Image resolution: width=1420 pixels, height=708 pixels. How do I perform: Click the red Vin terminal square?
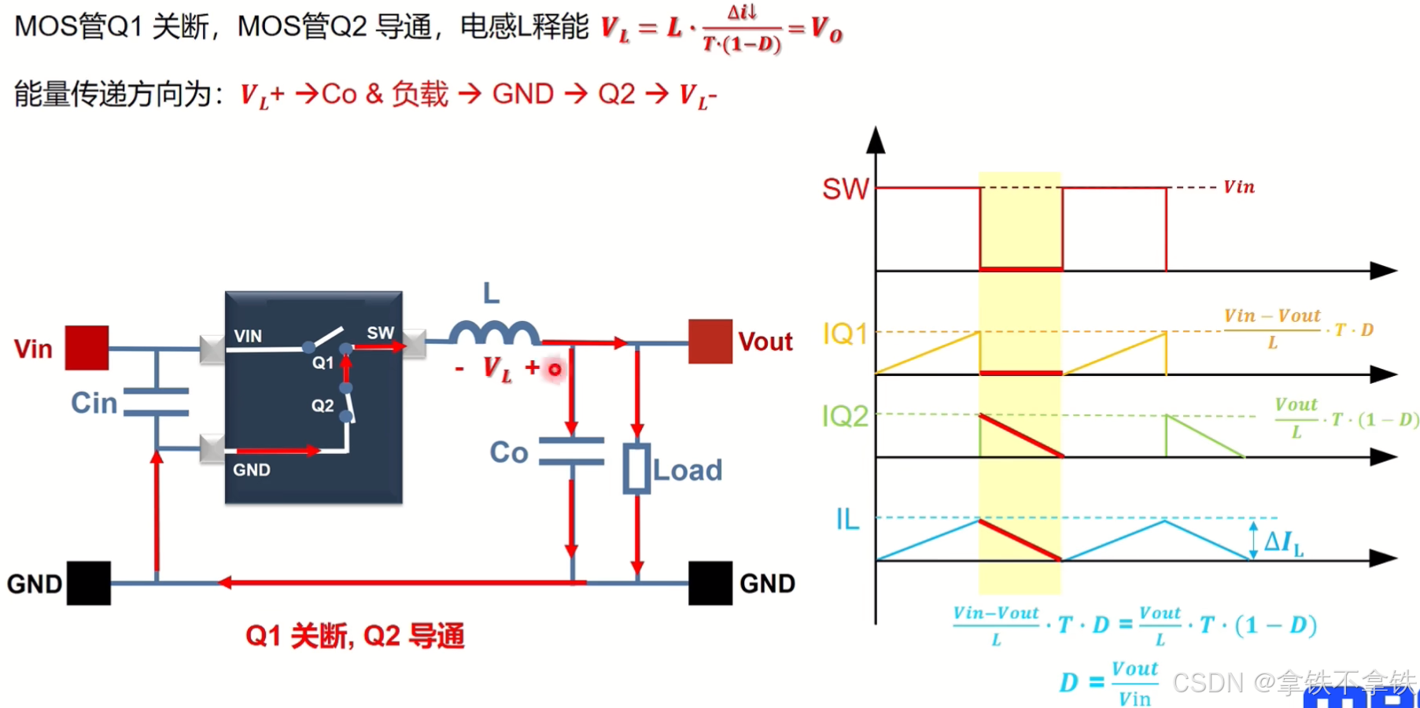click(x=87, y=348)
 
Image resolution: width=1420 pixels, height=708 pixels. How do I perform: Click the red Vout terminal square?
click(x=710, y=341)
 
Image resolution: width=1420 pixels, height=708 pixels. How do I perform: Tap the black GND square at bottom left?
click(x=88, y=583)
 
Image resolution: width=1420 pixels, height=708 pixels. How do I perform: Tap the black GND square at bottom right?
click(x=710, y=583)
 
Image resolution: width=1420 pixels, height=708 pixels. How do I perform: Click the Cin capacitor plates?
click(x=157, y=401)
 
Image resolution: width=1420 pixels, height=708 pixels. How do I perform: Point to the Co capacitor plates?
click(x=572, y=452)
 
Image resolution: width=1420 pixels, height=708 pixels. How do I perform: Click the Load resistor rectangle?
click(x=636, y=469)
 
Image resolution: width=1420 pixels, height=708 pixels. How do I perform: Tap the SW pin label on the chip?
click(x=380, y=333)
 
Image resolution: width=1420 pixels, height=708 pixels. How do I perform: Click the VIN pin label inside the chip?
click(x=248, y=336)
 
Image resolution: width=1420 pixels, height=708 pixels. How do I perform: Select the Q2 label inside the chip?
click(x=323, y=406)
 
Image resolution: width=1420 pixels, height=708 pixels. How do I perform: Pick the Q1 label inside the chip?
click(x=323, y=363)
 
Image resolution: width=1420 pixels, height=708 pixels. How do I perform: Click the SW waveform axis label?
click(x=846, y=189)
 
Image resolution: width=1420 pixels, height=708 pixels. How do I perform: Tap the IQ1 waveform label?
click(x=845, y=334)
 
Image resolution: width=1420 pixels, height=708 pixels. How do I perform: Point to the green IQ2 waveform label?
click(x=845, y=416)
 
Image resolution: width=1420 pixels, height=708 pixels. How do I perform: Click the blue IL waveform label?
click(x=847, y=519)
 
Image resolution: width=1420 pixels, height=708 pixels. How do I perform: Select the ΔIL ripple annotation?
click(x=1283, y=542)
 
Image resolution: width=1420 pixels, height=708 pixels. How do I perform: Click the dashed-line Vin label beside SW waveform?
click(x=1238, y=187)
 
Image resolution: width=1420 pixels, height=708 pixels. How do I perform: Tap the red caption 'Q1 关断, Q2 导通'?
click(x=355, y=636)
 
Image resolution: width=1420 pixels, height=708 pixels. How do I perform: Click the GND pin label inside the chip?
click(x=252, y=470)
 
